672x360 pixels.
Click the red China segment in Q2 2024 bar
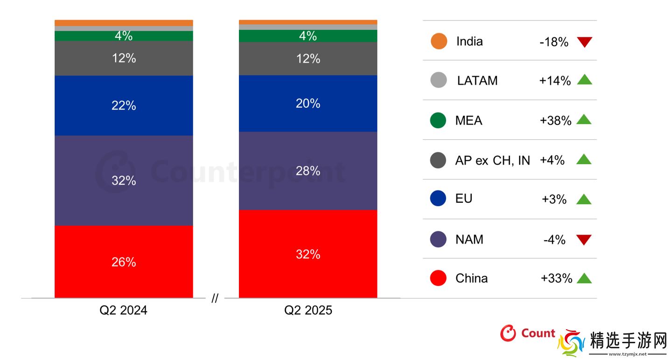pyautogui.click(x=124, y=262)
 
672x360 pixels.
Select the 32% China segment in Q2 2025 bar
pyautogui.click(x=308, y=254)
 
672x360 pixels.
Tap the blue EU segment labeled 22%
pyautogui.click(x=124, y=105)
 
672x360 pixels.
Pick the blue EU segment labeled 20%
pyautogui.click(x=308, y=104)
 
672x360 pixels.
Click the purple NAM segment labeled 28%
pyautogui.click(x=308, y=171)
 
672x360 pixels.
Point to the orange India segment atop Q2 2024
pyautogui.click(x=124, y=23)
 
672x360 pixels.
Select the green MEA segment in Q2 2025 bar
pyautogui.click(x=308, y=36)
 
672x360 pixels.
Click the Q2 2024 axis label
pyautogui.click(x=123, y=311)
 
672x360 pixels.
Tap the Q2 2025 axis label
pyautogui.click(x=308, y=311)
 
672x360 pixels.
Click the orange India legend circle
pyautogui.click(x=439, y=41)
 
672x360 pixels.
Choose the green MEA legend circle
pyautogui.click(x=438, y=120)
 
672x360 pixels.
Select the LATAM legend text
pyautogui.click(x=477, y=81)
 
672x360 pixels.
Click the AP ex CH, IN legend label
pyautogui.click(x=492, y=160)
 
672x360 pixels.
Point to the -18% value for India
pyautogui.click(x=553, y=42)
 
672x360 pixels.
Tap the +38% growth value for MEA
pyautogui.click(x=555, y=121)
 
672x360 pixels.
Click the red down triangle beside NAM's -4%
pyautogui.click(x=584, y=240)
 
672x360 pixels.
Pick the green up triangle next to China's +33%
pyautogui.click(x=584, y=278)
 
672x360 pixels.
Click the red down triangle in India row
pyautogui.click(x=584, y=42)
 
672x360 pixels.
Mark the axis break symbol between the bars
pyautogui.click(x=215, y=299)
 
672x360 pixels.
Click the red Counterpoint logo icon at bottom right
pyautogui.click(x=508, y=333)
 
